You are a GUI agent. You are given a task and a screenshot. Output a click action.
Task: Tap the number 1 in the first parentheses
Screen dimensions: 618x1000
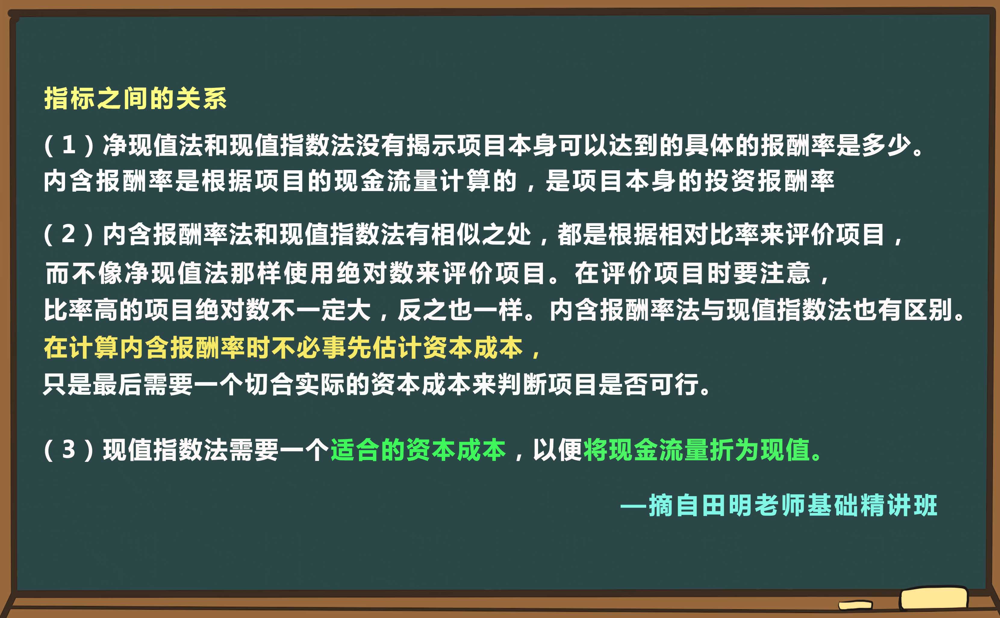click(69, 145)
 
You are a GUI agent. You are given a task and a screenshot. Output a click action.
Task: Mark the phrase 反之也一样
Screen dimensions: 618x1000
click(460, 310)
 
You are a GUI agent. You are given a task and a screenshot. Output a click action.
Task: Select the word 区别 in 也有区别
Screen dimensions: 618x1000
click(928, 310)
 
